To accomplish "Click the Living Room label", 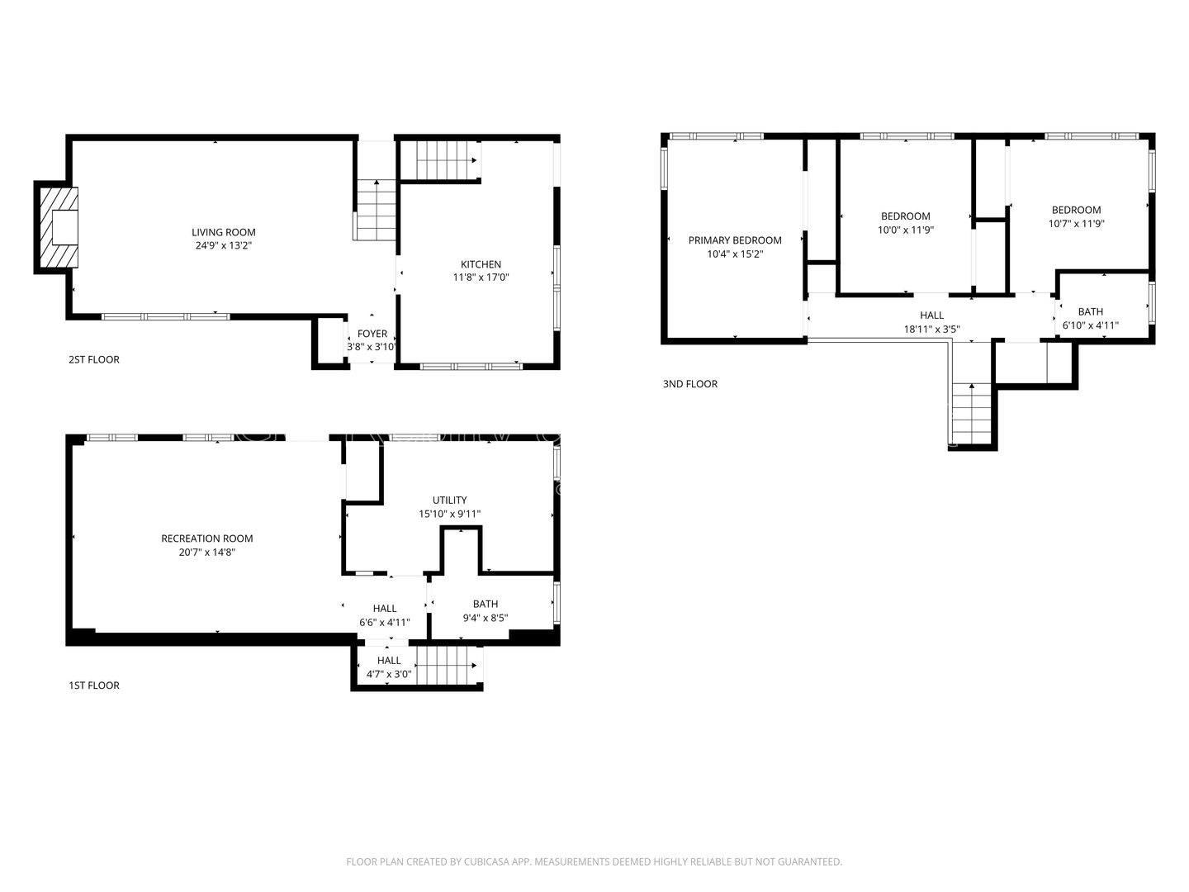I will [223, 232].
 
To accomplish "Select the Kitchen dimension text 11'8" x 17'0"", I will [481, 278].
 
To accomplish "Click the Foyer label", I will [372, 334].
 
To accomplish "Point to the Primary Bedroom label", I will [734, 240].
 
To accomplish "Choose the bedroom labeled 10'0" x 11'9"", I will [905, 223].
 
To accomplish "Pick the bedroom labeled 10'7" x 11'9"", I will [1075, 216].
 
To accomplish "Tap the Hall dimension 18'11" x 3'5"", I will [931, 329].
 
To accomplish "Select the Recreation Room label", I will [206, 539].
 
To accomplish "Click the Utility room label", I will [449, 500].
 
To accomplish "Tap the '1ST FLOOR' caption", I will [93, 686].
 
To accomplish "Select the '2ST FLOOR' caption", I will [93, 359].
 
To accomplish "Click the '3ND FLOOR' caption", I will [689, 384].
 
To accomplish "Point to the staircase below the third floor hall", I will [971, 413].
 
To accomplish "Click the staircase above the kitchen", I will [446, 158].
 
